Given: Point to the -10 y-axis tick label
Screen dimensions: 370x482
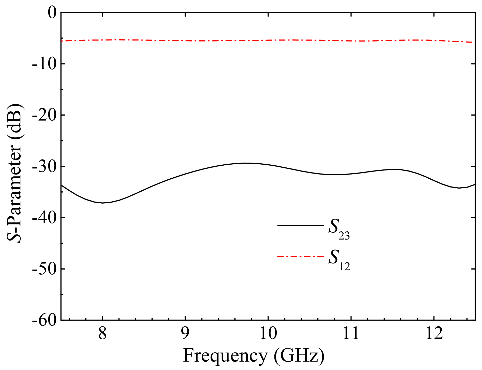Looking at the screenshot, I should point(44,64).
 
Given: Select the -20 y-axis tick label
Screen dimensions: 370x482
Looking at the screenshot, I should point(44,115).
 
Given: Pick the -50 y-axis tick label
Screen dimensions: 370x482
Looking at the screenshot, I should point(44,269).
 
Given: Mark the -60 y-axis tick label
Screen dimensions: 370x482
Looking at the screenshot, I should point(44,320).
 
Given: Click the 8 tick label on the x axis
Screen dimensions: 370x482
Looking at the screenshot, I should point(102,334).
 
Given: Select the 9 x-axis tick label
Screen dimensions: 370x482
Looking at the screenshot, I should point(185,334).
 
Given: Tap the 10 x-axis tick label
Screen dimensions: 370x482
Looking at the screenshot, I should point(268,334).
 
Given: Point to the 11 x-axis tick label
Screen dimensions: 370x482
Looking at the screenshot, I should point(351,334).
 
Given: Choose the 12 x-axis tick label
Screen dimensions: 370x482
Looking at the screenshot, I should point(434,334).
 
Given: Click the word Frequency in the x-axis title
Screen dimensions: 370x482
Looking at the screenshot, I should point(225,356).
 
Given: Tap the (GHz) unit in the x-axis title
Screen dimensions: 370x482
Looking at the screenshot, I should point(299,356).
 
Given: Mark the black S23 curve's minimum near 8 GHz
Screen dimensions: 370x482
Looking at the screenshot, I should point(102,203).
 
